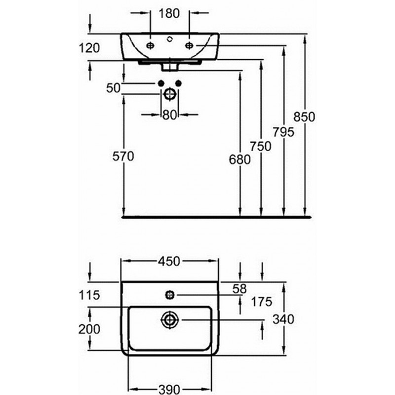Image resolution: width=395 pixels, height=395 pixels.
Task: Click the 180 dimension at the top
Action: [169, 14]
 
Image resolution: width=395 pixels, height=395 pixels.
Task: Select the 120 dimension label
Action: [89, 48]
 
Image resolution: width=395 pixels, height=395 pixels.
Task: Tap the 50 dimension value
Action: [114, 88]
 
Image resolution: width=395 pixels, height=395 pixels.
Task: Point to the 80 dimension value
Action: [169, 115]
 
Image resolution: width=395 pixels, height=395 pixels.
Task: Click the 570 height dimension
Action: [123, 157]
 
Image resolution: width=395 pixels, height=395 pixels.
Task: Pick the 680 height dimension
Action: [240, 159]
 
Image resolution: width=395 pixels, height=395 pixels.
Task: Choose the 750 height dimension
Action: [261, 146]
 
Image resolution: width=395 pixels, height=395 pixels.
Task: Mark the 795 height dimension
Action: [283, 132]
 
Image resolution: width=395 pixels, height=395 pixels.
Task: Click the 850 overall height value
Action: [304, 117]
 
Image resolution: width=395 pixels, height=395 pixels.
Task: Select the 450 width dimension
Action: [170, 261]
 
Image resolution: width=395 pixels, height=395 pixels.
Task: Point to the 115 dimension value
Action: [89, 295]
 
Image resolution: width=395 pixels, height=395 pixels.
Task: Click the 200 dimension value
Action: [89, 329]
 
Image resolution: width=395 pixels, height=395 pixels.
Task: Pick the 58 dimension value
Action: [240, 287]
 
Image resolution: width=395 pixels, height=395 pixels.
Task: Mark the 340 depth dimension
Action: [283, 320]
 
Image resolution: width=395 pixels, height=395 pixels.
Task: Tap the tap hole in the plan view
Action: [169, 295]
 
